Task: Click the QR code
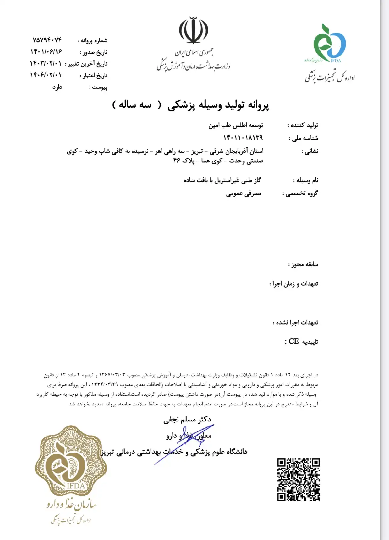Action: (298, 479)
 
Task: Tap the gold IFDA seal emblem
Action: (71, 461)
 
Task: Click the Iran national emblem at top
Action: (194, 31)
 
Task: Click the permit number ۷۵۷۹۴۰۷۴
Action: (47, 40)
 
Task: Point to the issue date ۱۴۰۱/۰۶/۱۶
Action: (46, 52)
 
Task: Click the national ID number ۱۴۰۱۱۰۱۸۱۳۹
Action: (243, 138)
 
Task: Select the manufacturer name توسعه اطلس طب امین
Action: (236, 125)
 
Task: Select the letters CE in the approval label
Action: (293, 341)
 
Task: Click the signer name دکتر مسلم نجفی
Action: (187, 420)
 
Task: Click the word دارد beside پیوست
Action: (57, 87)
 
